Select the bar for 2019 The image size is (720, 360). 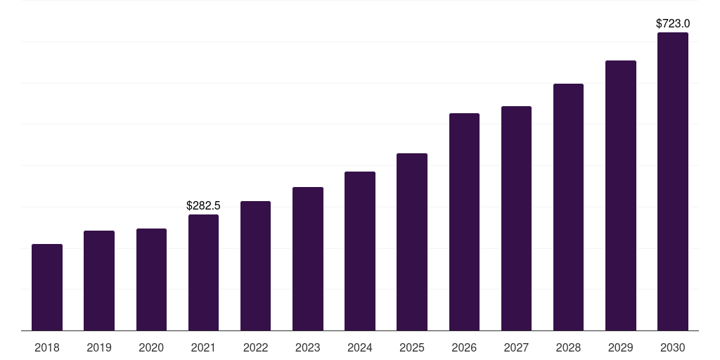click(x=99, y=281)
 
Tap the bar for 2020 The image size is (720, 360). click(x=151, y=279)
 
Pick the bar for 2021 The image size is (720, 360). click(x=203, y=272)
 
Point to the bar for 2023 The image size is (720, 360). click(x=308, y=259)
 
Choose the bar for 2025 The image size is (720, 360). click(x=412, y=242)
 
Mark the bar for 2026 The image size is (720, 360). click(x=464, y=221)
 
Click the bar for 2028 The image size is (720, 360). click(x=568, y=207)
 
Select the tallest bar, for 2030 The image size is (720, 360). click(x=673, y=181)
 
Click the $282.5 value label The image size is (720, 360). click(x=203, y=206)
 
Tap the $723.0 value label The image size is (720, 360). click(x=673, y=23)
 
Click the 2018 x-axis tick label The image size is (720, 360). click(x=47, y=347)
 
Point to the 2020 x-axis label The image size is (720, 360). click(x=151, y=347)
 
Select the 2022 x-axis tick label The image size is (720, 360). click(x=255, y=347)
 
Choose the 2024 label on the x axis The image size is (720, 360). click(x=360, y=347)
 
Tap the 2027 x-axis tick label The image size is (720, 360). click(x=516, y=347)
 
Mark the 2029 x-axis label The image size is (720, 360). click(x=621, y=347)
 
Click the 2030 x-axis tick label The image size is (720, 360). click(x=673, y=347)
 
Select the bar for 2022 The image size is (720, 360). click(x=255, y=266)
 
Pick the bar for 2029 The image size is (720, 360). click(x=621, y=195)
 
